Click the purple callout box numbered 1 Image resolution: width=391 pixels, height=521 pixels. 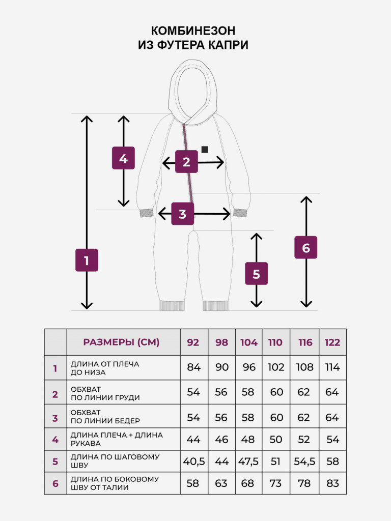coord(87,260)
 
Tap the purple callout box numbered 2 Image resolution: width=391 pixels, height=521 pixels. coord(186,161)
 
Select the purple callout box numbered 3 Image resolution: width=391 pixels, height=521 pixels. coord(183,214)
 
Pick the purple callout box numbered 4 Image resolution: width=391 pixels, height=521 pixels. coord(123,158)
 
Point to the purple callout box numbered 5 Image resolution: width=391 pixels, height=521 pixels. coord(257,273)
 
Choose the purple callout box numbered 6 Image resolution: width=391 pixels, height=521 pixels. coord(306,248)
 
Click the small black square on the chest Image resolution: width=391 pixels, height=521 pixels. coord(205,150)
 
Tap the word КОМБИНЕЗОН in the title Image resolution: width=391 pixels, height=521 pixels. coord(193,31)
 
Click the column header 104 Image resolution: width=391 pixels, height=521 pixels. coord(248,342)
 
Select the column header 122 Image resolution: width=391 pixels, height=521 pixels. coord(332,342)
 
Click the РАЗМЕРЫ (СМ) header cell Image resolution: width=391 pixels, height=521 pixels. coord(121,342)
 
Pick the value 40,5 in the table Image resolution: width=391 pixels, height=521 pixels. coord(194,461)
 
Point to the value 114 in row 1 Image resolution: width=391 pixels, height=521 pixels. coord(332,367)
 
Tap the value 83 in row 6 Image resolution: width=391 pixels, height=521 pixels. coord(332,483)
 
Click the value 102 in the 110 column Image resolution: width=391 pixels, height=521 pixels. coord(276,367)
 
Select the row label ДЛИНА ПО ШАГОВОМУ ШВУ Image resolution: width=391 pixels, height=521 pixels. coord(115,461)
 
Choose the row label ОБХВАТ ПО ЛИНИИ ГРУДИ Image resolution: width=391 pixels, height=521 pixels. coord(105,393)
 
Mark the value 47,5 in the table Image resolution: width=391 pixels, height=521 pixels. coord(248,461)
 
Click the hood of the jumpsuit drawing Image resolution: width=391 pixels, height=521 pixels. coord(192,92)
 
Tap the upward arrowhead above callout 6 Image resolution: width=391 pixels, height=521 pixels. coord(306,199)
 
